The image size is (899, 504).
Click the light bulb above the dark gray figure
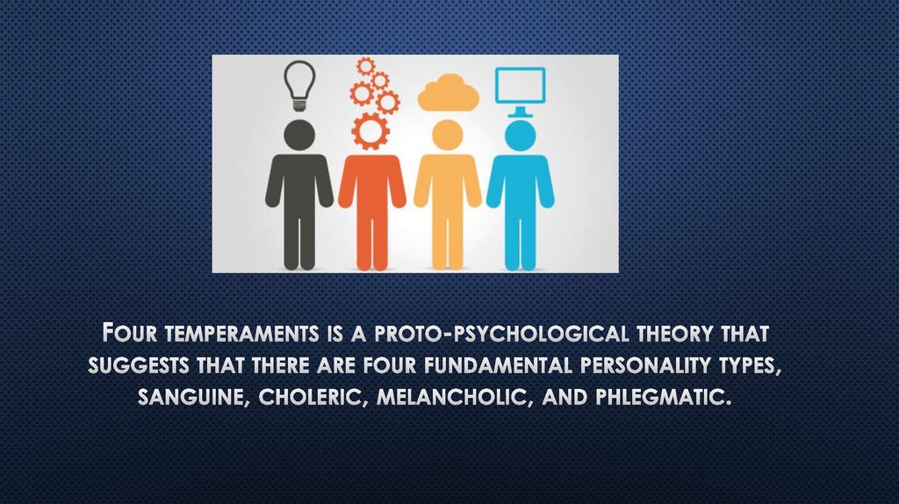pyautogui.click(x=299, y=83)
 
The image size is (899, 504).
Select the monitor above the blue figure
pyautogui.click(x=520, y=86)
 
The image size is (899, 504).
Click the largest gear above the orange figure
pyautogui.click(x=370, y=131)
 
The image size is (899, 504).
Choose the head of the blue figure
pyautogui.click(x=520, y=135)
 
